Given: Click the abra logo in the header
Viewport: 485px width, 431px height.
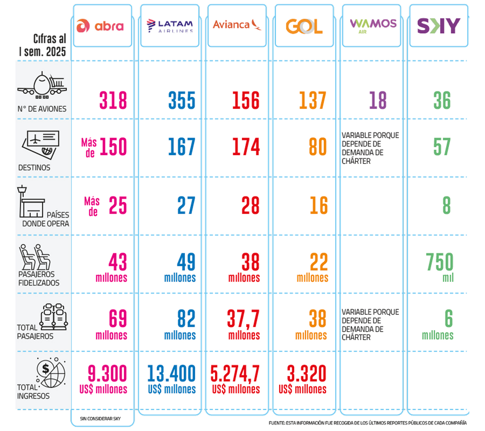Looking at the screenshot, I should [100, 26].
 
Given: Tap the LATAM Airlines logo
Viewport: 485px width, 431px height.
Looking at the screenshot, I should [170, 25].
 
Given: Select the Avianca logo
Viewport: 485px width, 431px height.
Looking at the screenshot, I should [237, 25].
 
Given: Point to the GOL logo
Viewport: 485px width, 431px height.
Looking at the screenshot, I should [304, 27].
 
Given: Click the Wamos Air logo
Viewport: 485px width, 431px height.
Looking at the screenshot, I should [373, 25].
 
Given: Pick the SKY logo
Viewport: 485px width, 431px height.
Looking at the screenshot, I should [439, 26].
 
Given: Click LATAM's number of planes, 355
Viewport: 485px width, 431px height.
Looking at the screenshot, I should [182, 100].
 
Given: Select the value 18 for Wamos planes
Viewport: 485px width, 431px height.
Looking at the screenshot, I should [377, 100].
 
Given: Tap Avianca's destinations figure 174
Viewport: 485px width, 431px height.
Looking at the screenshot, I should [246, 147].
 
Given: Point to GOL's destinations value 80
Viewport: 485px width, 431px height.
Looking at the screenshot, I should [318, 147].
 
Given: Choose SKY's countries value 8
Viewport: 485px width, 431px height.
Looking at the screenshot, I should [446, 205].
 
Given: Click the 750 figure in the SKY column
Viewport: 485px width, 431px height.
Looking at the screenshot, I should [440, 262].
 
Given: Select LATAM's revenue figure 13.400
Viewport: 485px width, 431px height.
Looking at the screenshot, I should [171, 374].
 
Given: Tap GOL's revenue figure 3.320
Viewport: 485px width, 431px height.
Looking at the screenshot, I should [306, 374].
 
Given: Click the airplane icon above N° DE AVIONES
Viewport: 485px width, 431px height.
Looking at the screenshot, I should [42, 86].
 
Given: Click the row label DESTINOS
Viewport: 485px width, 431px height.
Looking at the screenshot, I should [34, 168].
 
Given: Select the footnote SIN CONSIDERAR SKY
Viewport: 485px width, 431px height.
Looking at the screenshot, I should [100, 419].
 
